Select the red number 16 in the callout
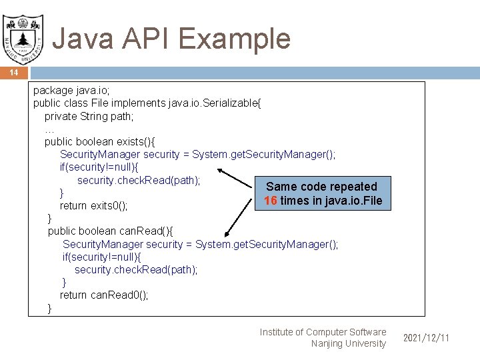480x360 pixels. coord(271,201)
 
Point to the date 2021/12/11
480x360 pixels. coord(426,338)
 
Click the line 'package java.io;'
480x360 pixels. coord(71,91)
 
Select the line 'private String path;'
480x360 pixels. coord(89,117)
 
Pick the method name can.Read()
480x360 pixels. coord(145,231)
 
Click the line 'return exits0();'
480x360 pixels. coord(93,205)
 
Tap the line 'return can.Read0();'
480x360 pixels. coord(104,295)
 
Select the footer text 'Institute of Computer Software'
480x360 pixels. coord(323,332)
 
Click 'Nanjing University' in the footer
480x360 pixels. coord(348,343)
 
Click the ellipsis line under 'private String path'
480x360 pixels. coord(49,129)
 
